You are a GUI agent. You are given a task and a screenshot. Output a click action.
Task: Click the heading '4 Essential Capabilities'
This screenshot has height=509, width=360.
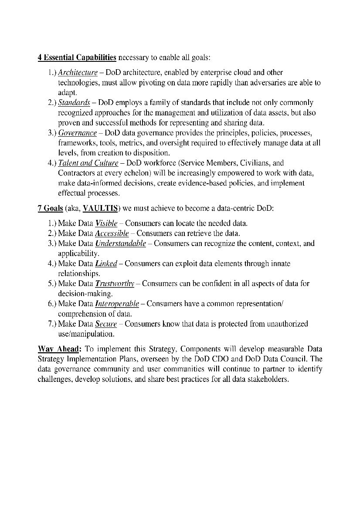point(77,57)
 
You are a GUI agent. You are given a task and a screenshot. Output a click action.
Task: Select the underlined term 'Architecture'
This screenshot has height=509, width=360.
point(78,73)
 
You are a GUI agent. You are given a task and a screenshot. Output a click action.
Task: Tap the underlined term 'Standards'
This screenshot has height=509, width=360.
point(74,103)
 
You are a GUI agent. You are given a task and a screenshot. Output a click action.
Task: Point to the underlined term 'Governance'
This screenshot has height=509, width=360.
point(77,133)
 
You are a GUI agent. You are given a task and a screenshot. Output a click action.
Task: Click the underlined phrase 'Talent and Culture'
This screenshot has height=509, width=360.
point(88,163)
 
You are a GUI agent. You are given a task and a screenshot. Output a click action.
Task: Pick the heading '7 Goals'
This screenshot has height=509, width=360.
point(50,209)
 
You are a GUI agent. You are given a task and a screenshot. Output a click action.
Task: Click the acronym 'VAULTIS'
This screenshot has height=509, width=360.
point(100,209)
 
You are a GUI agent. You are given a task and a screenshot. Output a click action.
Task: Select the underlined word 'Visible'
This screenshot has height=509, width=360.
point(106,224)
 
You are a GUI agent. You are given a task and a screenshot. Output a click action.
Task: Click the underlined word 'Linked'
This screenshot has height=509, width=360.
point(106,264)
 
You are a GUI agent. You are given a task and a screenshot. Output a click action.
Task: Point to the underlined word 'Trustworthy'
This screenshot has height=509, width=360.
point(114,284)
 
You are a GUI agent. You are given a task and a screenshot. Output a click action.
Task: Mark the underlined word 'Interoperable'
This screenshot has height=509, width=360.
point(117,304)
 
